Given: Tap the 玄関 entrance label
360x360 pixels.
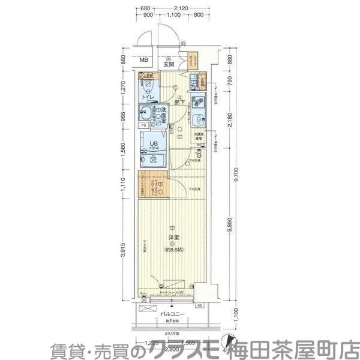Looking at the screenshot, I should click(x=169, y=64).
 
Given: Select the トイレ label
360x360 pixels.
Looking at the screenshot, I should click(x=146, y=97).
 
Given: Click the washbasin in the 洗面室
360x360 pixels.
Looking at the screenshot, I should click(x=146, y=112).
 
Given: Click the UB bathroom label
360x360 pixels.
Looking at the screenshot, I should click(x=154, y=143).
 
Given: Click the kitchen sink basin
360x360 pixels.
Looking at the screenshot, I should click(x=197, y=101).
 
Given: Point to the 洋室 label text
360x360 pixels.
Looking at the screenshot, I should click(x=172, y=238).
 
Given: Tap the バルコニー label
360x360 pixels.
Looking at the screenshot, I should click(x=172, y=313).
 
